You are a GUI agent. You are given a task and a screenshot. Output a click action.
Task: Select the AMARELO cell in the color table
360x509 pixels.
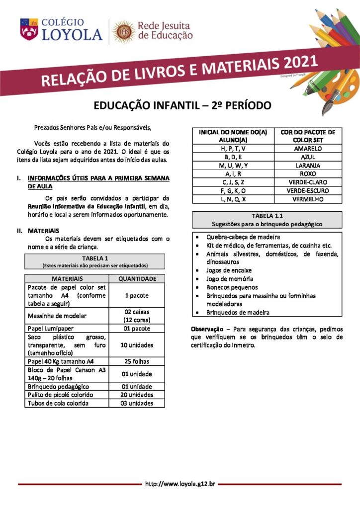308,149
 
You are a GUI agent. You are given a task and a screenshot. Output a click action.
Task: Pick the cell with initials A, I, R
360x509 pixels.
233,174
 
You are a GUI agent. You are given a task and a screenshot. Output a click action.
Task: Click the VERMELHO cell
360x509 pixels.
308,199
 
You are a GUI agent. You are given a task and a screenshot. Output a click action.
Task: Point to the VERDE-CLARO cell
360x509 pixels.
308,182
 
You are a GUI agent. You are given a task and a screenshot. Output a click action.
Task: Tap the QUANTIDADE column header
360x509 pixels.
137,279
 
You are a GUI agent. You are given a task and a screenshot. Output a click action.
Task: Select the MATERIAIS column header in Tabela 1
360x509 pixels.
67,279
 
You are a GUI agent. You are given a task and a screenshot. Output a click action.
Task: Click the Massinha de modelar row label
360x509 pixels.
57,316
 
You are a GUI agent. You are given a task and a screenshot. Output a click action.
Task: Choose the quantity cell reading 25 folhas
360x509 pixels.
137,361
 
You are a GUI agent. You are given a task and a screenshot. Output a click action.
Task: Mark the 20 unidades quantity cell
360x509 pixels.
137,395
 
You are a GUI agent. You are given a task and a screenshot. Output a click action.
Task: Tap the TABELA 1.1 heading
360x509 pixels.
267,216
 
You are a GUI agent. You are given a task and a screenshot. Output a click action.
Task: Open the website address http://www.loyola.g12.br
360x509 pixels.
180,484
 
